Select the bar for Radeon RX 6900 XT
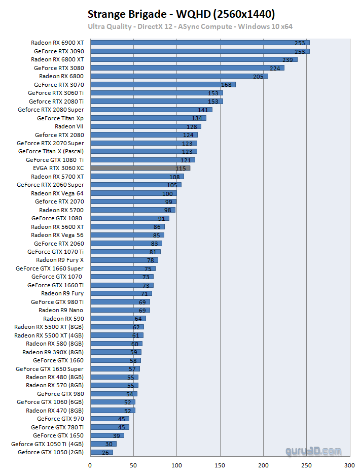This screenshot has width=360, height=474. point(200,43)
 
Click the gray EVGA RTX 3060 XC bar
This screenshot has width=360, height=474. point(140,168)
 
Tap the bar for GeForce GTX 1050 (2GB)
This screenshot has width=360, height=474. point(101,452)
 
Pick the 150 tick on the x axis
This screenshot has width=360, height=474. point(220,465)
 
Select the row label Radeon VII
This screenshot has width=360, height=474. point(69,126)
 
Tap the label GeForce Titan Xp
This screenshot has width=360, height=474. point(60,118)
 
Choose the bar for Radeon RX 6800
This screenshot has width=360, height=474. point(179,76)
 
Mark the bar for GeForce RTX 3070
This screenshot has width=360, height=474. point(163,85)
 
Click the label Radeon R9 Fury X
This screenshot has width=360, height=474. point(59,260)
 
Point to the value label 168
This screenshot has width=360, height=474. point(226,85)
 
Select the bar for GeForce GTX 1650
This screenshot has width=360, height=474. point(107,435)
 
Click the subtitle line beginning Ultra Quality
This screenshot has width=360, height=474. point(190,26)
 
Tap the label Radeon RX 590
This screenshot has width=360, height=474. point(63,319)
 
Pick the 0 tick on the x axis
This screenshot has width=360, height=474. point(90,465)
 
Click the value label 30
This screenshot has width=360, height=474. point(109,444)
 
